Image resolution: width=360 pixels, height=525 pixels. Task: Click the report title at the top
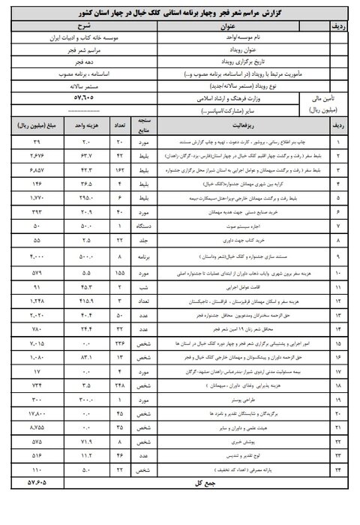click(x=180, y=13)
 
